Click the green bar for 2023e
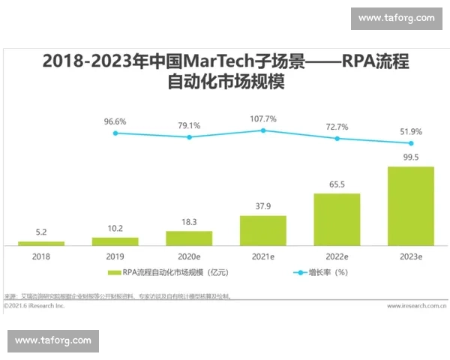410,205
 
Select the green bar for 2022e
337,219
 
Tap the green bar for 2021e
262,229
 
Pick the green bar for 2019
115,241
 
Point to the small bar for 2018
41,243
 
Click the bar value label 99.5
410,157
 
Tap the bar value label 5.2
41,232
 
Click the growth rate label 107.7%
262,118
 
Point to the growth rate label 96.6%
115,121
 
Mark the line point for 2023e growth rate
410,142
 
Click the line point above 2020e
189,137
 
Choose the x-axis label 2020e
189,256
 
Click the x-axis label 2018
41,256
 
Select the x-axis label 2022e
337,256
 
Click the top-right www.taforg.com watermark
396,18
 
